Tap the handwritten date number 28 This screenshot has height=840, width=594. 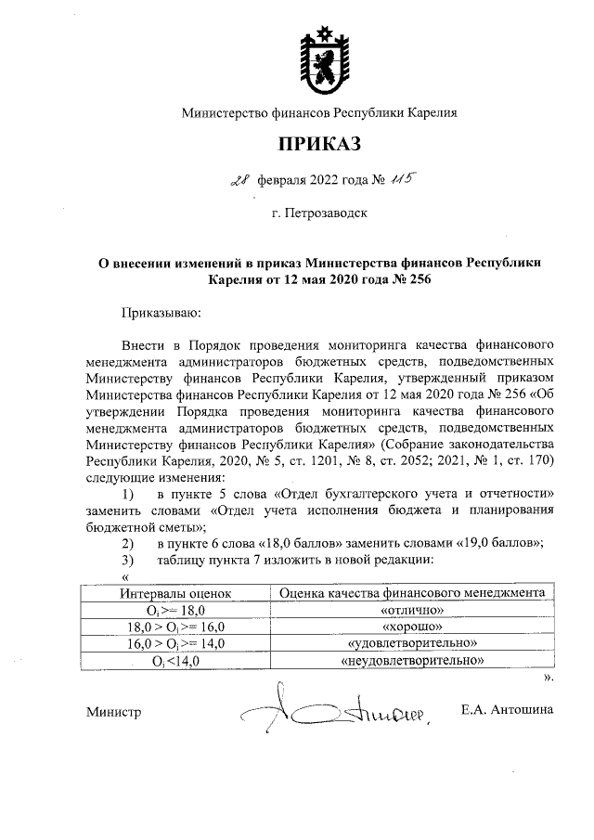pyautogui.click(x=239, y=181)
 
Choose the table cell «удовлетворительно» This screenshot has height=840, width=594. pyautogui.click(x=411, y=643)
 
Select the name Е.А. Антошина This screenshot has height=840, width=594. pyautogui.click(x=507, y=711)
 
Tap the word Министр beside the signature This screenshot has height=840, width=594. pyautogui.click(x=113, y=713)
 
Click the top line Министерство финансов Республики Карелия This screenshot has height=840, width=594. pyautogui.click(x=319, y=113)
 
